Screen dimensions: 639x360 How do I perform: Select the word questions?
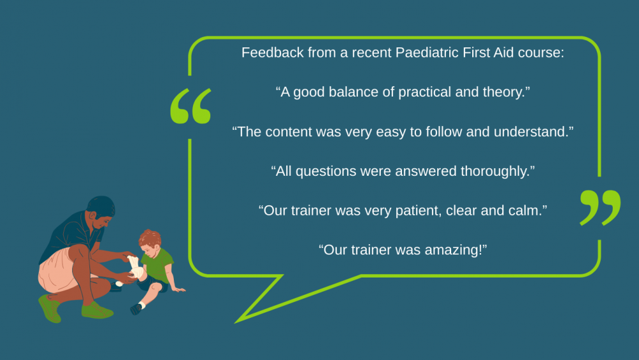click(326, 171)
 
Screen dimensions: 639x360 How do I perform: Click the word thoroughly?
click(495, 171)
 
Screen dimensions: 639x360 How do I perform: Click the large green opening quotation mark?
click(190, 106)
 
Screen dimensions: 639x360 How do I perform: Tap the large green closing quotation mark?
click(600, 208)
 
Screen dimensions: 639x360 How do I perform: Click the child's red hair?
click(150, 238)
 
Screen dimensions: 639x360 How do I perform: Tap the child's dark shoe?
click(135, 309)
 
